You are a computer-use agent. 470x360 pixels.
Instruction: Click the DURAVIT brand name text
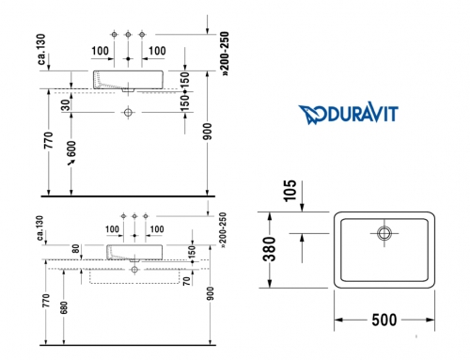pyautogui.click(x=359, y=113)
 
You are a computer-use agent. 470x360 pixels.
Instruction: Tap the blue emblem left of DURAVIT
pyautogui.click(x=309, y=115)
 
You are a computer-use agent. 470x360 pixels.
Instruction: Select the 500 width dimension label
pyautogui.click(x=384, y=320)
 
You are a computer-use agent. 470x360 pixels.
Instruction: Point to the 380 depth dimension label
pyautogui.click(x=269, y=249)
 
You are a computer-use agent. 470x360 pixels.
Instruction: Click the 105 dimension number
pyautogui.click(x=290, y=191)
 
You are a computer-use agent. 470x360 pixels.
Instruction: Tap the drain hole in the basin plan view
pyautogui.click(x=384, y=233)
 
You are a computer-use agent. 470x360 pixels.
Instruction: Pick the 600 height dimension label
pyautogui.click(x=71, y=149)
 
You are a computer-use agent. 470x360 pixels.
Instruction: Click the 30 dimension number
pyautogui.click(x=66, y=105)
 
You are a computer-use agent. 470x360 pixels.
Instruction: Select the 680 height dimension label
pyautogui.click(x=64, y=307)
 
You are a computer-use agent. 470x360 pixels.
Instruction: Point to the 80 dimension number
pyautogui.click(x=75, y=249)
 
